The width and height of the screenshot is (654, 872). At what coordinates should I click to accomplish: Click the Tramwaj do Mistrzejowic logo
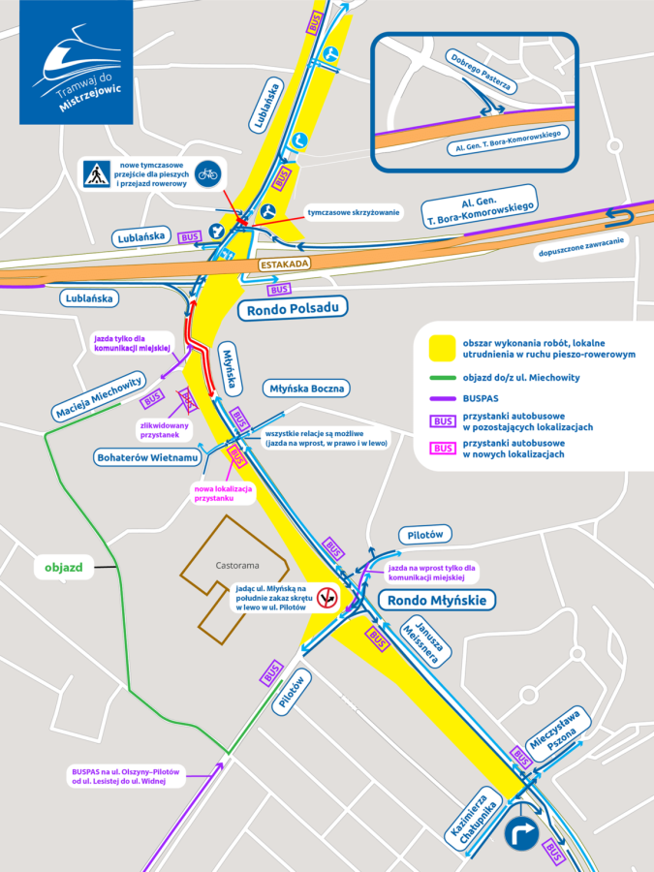[x=77, y=62]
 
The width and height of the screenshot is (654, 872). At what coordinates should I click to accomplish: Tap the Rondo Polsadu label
[x=291, y=310]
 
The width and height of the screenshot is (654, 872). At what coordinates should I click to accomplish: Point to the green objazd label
[x=64, y=566]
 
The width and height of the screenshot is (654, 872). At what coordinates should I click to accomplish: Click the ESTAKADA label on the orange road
[x=284, y=264]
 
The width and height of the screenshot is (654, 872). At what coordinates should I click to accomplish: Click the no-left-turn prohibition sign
[x=327, y=597]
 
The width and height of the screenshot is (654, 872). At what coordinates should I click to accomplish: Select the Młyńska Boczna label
[x=306, y=389]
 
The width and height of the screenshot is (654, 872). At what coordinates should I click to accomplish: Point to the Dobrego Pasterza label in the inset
[x=480, y=72]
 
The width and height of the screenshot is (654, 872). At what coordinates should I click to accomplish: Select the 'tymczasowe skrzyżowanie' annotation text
[x=354, y=212]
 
